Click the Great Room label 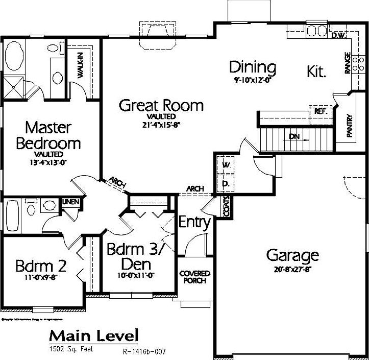[161, 106]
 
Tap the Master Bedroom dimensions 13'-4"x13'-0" [49, 162]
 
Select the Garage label [292, 255]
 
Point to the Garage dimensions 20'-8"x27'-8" [292, 269]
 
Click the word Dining [252, 67]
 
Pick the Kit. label [316, 71]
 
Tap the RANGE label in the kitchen [348, 63]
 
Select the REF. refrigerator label [321, 110]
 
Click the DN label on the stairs [294, 136]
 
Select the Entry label [194, 223]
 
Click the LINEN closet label [71, 203]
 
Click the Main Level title [93, 335]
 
